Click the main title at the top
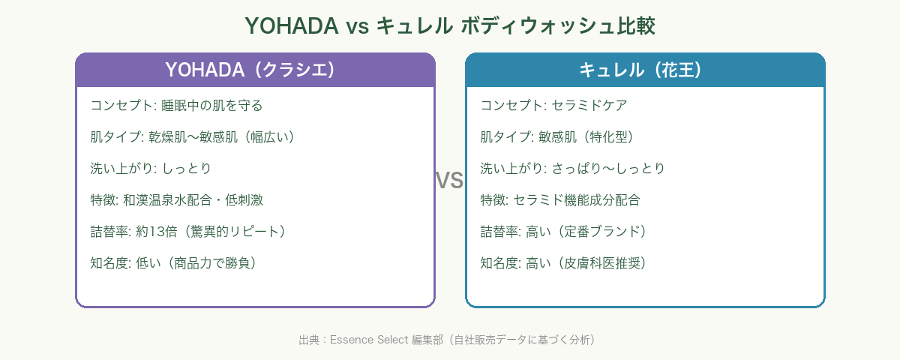click(x=450, y=26)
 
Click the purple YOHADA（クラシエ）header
click(x=255, y=70)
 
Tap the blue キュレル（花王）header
click(x=645, y=70)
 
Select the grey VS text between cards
click(x=449, y=180)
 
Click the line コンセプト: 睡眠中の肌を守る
click(x=176, y=105)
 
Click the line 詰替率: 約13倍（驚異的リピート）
click(x=188, y=231)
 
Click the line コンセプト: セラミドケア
click(x=553, y=105)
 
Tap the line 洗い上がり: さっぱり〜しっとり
click(x=572, y=168)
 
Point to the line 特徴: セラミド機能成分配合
click(x=560, y=199)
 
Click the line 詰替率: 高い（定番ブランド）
click(x=563, y=231)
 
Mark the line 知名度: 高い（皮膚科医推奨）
click(x=563, y=262)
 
